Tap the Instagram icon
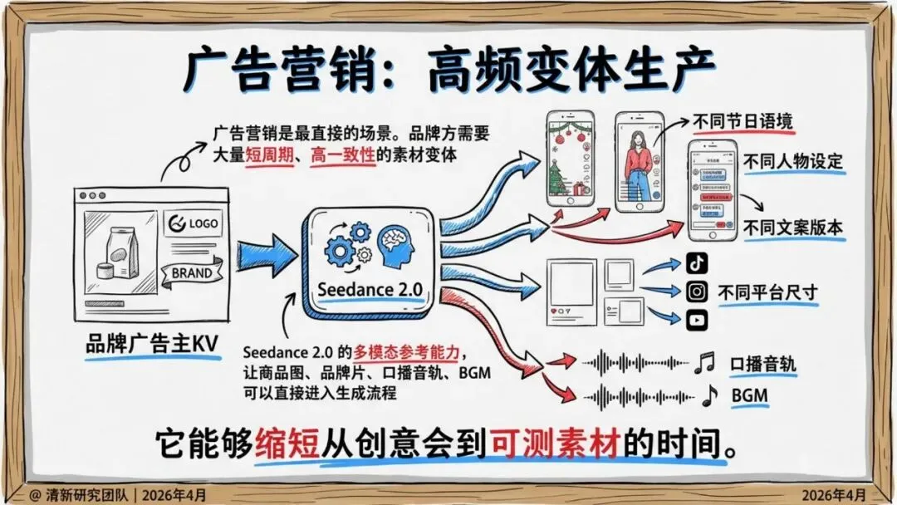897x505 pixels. pyautogui.click(x=697, y=292)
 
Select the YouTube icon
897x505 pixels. pyautogui.click(x=697, y=320)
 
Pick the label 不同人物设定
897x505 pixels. pyautogui.click(x=793, y=160)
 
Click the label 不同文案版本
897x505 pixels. pyautogui.click(x=793, y=228)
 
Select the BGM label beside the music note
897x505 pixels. pyautogui.click(x=749, y=396)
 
